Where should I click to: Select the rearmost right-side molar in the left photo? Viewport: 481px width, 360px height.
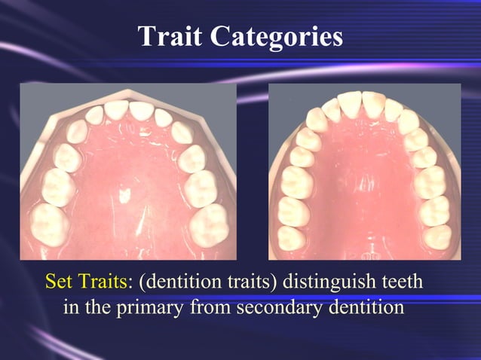click(x=210, y=224)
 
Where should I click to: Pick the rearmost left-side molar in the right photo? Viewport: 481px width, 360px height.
click(x=292, y=237)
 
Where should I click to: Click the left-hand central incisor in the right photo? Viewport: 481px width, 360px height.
click(x=348, y=101)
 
